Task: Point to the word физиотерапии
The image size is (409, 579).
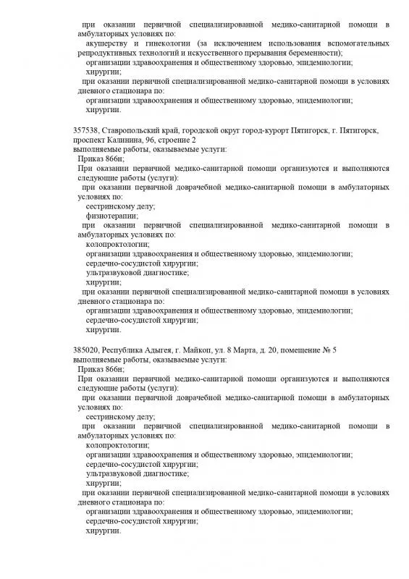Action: coord(111,215)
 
